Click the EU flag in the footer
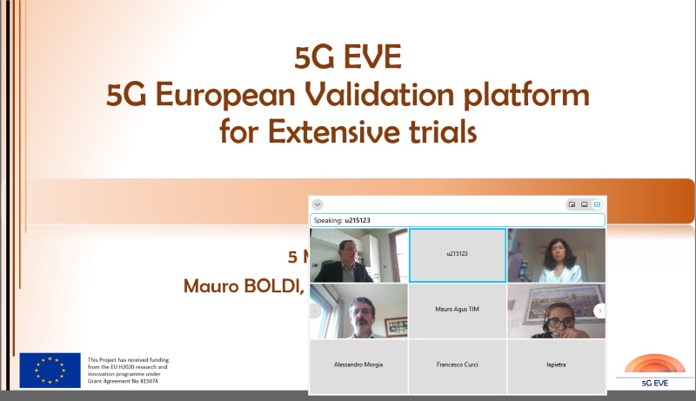[50, 370]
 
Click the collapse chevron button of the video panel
[318, 204]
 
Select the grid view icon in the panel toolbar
[597, 204]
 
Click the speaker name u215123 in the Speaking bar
[358, 220]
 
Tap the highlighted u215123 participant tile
[458, 255]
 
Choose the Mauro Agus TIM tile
[458, 310]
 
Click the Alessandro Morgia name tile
[358, 364]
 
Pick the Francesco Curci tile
[458, 364]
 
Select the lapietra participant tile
[556, 364]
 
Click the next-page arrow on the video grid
[599, 311]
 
